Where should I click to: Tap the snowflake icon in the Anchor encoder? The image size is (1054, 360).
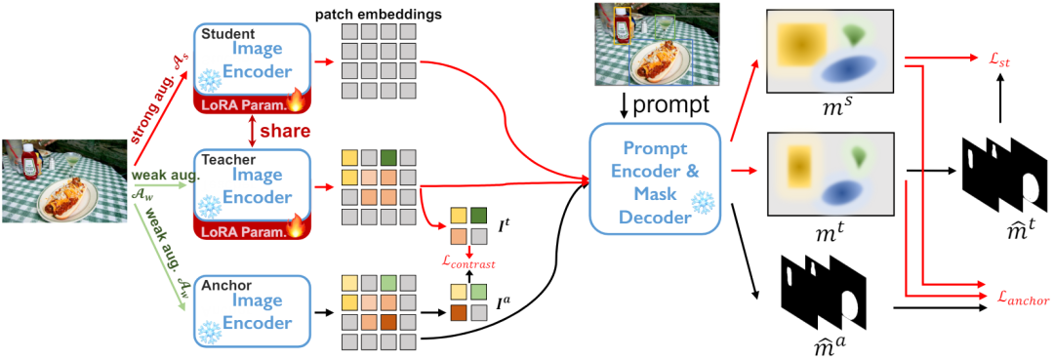208,331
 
